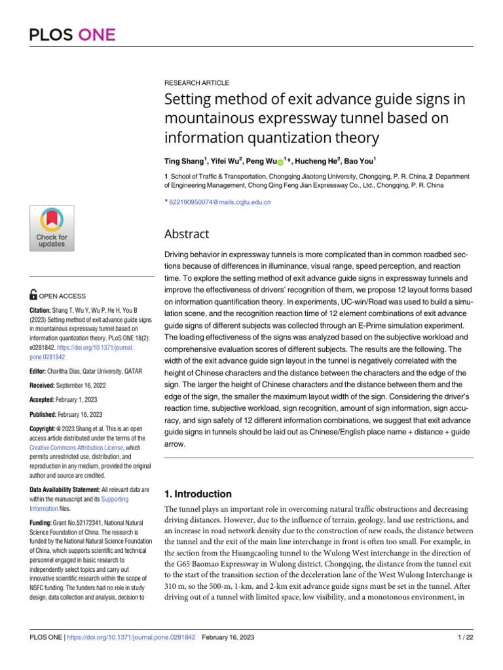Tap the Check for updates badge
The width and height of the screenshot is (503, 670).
coord(52,228)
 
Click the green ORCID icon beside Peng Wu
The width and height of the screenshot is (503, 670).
coord(280,161)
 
